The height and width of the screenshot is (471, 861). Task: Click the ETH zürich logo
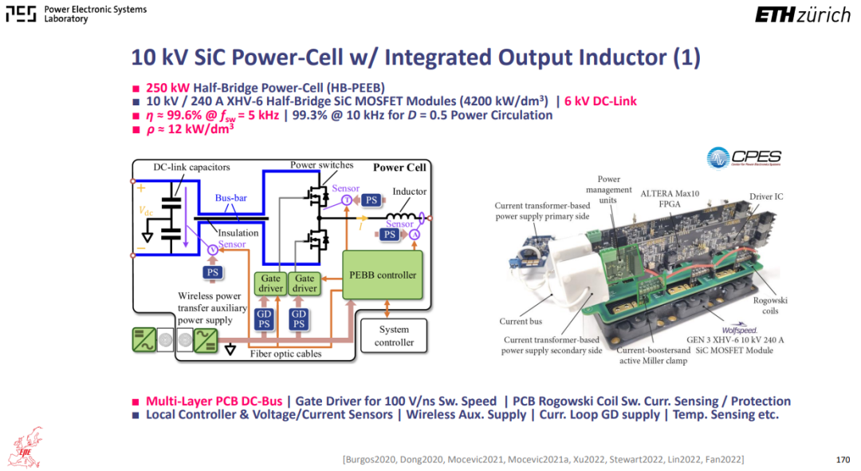pyautogui.click(x=802, y=15)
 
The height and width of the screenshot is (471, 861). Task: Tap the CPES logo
pyautogui.click(x=744, y=158)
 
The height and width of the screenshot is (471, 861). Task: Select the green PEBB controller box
pyautogui.click(x=383, y=275)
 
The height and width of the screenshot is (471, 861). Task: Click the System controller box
pyautogui.click(x=394, y=336)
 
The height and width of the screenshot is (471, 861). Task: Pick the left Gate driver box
pyautogui.click(x=270, y=283)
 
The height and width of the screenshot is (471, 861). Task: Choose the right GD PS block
pyautogui.click(x=299, y=319)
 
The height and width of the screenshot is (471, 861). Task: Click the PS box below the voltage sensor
pyautogui.click(x=213, y=272)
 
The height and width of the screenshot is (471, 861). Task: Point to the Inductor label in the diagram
pyautogui.click(x=409, y=192)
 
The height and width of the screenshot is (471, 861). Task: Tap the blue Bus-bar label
pyautogui.click(x=230, y=198)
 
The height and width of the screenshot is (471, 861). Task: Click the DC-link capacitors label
pyautogui.click(x=191, y=167)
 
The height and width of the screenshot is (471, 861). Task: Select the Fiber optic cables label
pyautogui.click(x=285, y=354)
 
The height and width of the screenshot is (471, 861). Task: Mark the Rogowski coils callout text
pyautogui.click(x=770, y=306)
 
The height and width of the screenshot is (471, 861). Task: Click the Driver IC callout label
pyautogui.click(x=766, y=196)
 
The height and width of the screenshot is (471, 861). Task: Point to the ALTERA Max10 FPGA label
pyautogui.click(x=670, y=199)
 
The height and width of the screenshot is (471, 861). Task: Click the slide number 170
pyautogui.click(x=843, y=460)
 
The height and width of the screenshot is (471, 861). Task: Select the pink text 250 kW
pyautogui.click(x=167, y=88)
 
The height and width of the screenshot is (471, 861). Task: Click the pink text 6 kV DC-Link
pyautogui.click(x=601, y=101)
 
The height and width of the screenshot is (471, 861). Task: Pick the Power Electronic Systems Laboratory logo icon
pyautogui.click(x=21, y=14)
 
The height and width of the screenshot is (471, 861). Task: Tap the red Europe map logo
pyautogui.click(x=26, y=448)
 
